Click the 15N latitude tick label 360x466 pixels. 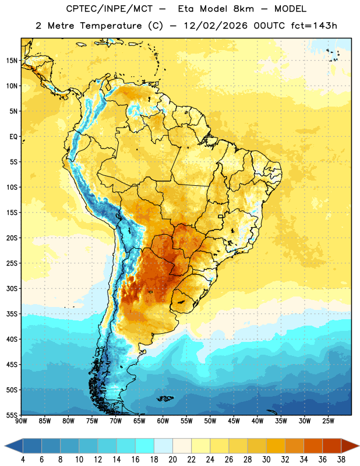[12, 61]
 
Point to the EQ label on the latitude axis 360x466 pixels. [13, 137]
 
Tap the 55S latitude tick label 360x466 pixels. [12, 415]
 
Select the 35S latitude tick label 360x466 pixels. [12, 314]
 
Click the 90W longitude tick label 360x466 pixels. [21, 421]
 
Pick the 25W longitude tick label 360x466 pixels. [328, 421]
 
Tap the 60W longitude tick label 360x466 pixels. [163, 421]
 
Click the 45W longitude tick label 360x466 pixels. [234, 421]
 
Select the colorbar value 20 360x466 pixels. [172, 460]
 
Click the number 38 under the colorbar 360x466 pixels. [341, 460]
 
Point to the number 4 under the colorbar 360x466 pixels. [23, 460]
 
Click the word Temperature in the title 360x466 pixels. [111, 26]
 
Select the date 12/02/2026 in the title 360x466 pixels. [216, 26]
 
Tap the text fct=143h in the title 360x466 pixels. [314, 26]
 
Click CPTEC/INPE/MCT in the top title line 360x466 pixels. [109, 9]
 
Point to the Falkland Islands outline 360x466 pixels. [165, 398]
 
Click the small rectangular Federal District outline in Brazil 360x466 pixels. [221, 216]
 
